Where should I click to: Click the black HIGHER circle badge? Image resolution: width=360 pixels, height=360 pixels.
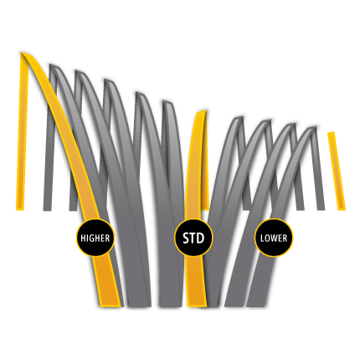(x=95, y=238)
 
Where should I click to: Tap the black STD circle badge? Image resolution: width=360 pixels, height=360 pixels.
(x=193, y=238)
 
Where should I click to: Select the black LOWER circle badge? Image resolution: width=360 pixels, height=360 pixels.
(x=274, y=238)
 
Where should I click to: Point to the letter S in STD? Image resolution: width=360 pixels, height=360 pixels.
(x=186, y=238)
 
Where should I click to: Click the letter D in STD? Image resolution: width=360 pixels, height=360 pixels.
(x=200, y=238)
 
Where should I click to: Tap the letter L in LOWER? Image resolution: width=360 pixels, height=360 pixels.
(x=262, y=239)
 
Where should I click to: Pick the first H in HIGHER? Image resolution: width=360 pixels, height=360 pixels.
(x=83, y=239)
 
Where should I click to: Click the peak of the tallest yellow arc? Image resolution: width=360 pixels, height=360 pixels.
(x=23, y=53)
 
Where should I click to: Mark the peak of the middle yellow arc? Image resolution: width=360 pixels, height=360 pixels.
(x=203, y=111)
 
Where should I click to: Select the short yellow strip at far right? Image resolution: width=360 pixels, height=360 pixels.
(x=337, y=171)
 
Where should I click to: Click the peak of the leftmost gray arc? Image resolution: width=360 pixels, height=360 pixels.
(x=53, y=66)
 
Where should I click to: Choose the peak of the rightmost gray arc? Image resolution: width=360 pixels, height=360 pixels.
(x=314, y=128)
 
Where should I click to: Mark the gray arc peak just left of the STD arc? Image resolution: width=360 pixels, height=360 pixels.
(x=167, y=102)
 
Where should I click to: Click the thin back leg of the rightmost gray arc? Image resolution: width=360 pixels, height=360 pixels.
(x=319, y=169)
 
